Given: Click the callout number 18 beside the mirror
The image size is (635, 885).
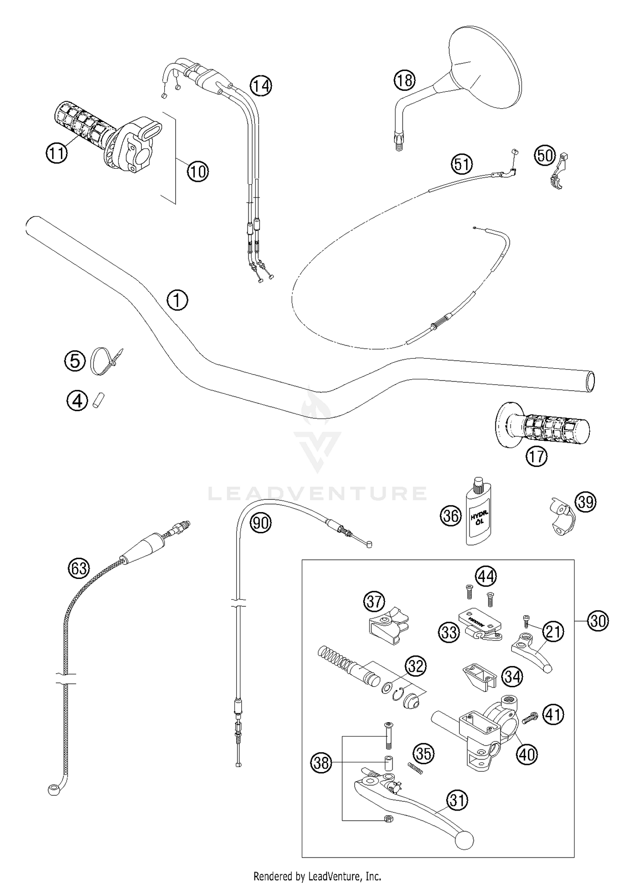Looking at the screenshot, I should coord(404,79).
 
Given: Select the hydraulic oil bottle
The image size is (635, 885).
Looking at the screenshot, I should coord(479,517).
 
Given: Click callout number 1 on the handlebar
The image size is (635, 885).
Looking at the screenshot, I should coord(177,300).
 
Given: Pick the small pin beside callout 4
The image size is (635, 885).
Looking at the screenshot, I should coord(98,400).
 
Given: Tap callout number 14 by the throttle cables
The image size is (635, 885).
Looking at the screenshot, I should coord(260,86).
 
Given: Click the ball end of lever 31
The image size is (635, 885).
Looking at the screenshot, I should coord(464,841).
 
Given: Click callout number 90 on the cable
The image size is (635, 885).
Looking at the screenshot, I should coord(260,523).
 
